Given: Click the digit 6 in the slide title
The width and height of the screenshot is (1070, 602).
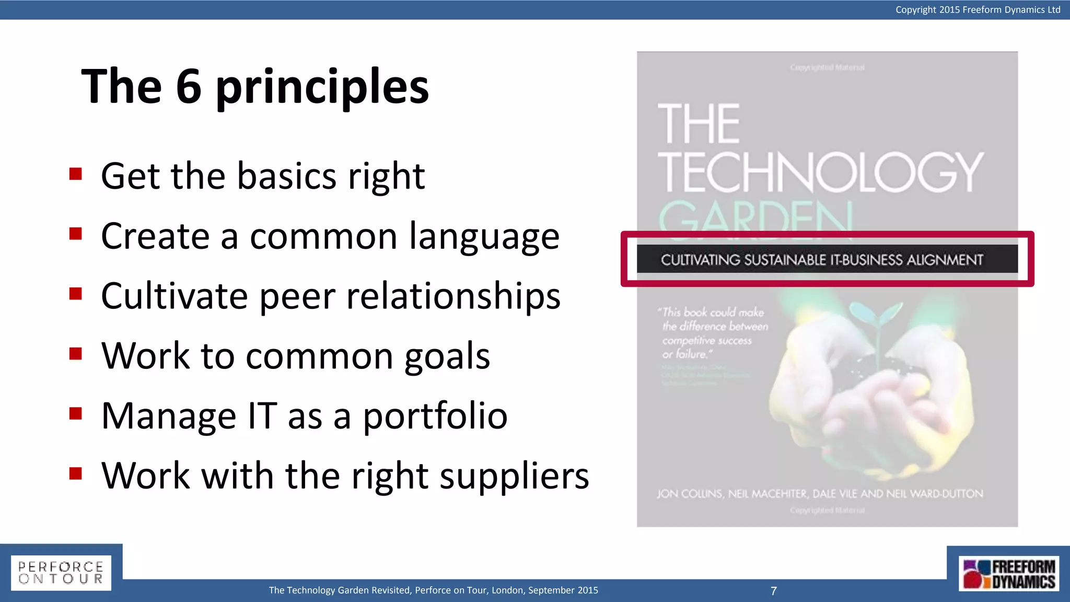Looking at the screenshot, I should (x=189, y=87).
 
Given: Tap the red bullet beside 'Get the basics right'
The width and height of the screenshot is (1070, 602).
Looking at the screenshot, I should (x=76, y=173).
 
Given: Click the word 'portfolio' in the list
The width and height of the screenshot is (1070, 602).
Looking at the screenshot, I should (x=435, y=416).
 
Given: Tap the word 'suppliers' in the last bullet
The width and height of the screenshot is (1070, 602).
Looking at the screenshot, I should (x=514, y=477).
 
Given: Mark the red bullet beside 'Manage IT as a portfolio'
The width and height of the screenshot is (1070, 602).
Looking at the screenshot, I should (x=76, y=413).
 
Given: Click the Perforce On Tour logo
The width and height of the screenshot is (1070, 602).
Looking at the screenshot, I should (x=61, y=573).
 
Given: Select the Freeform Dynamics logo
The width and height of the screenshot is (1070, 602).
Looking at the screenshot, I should (x=1008, y=574).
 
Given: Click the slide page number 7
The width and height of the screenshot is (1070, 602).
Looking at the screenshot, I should (x=774, y=591).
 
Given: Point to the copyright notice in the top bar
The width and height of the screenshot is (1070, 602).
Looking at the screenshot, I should (x=978, y=9).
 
